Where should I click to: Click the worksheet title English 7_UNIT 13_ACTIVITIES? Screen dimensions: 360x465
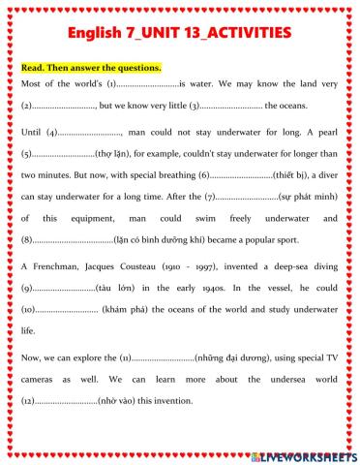point(180,33)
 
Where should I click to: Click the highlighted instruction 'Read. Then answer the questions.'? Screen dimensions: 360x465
point(91,68)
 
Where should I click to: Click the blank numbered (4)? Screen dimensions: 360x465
point(91,132)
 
